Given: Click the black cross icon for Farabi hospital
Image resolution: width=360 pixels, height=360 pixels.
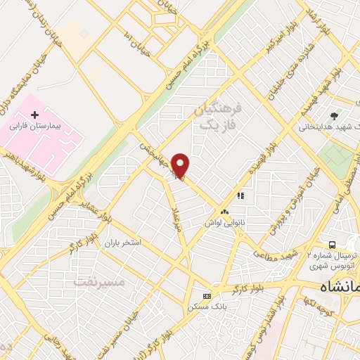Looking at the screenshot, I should click(x=34, y=114).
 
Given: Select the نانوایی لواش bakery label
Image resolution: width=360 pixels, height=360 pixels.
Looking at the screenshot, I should click(x=224, y=222).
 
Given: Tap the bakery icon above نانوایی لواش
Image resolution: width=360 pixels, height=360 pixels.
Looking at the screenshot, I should click(x=224, y=212).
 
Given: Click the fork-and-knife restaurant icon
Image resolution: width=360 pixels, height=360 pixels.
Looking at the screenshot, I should click(x=240, y=196).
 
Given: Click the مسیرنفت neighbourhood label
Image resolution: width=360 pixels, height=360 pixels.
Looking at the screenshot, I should click(x=99, y=281).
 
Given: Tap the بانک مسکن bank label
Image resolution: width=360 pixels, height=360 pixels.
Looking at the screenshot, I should click(x=201, y=307).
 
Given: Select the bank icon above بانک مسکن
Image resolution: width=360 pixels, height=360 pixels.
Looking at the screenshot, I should click(x=206, y=296).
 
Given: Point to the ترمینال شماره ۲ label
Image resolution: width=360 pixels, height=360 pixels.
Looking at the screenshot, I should click(x=330, y=256).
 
